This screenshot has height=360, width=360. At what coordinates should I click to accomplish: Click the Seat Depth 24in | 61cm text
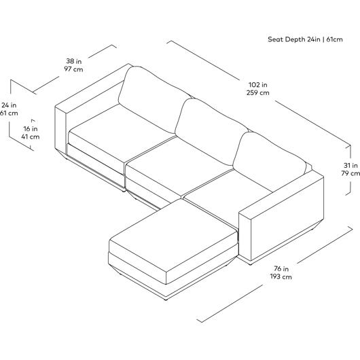pos(305,39)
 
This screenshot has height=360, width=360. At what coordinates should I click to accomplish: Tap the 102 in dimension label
pos(258,85)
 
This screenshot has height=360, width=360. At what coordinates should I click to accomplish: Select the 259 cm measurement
pos(258,93)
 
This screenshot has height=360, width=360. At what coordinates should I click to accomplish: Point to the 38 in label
pos(74,61)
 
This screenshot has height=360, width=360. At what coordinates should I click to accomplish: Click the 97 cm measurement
pos(73,69)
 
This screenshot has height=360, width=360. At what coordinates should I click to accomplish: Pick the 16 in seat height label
pos(31,129)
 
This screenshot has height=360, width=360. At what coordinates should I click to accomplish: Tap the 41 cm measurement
pos(31,137)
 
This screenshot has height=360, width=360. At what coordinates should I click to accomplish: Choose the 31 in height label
pos(350,165)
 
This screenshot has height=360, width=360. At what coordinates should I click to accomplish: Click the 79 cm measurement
pos(350,173)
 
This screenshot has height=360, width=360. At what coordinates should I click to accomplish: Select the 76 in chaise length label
pos(281,268)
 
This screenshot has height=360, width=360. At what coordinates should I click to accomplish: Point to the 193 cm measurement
pos(281,276)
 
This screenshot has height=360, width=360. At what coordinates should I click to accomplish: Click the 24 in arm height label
pos(9,105)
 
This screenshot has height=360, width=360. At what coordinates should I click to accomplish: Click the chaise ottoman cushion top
pos(173,239)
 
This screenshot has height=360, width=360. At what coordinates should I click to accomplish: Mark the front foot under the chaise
pos(166,299)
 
